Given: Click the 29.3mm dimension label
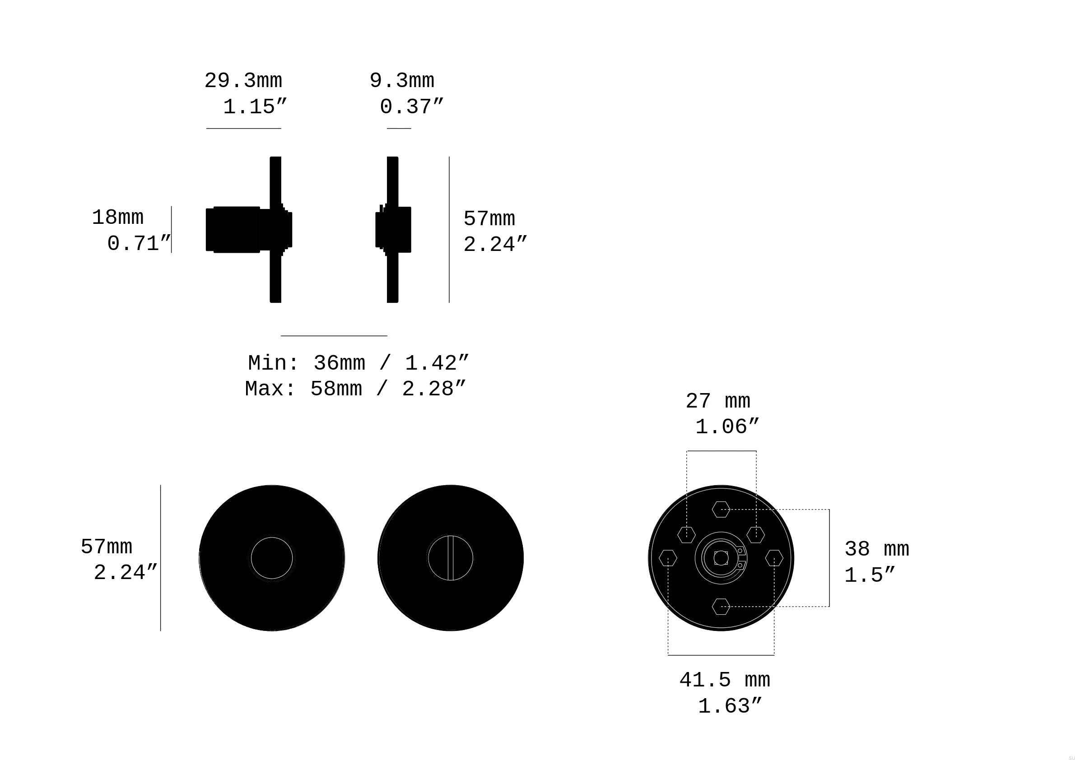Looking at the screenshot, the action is coord(243,81).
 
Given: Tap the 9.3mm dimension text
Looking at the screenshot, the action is coord(402,81).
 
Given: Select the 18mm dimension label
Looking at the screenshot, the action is coord(118,218).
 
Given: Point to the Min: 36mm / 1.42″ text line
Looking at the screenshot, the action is coord(358,364).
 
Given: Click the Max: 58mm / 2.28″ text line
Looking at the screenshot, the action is coord(355,389).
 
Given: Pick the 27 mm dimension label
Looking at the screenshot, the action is coord(718,402).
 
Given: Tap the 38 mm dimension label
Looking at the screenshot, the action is coord(877,549).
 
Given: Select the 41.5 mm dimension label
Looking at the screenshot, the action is coord(725,681).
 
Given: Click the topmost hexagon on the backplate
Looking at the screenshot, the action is coord(721,509).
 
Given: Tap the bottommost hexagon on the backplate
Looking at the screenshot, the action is coord(721,607).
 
